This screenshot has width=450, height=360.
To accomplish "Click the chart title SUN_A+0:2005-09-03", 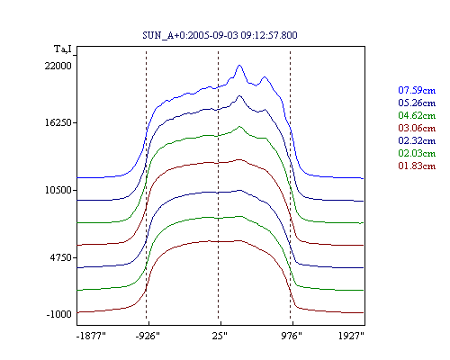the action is pos(220,35).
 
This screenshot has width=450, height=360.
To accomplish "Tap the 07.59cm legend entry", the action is pos(417,90).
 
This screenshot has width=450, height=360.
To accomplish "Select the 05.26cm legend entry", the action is pos(417,103).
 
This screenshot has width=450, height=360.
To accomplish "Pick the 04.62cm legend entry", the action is pos(417,115).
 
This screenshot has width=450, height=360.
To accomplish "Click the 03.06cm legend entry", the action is pos(417,128).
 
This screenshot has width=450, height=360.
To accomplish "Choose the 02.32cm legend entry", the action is pos(417,140).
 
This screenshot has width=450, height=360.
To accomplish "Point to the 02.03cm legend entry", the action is pos(417,153).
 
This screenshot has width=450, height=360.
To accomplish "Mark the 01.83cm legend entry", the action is pos(417,166).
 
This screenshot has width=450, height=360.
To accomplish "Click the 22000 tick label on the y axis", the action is pos(58,66).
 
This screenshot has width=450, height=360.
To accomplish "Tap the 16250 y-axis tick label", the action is pos(58,122).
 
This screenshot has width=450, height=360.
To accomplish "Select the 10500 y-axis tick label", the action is pos(58,190).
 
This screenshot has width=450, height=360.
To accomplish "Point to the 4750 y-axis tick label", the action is pos(61,257).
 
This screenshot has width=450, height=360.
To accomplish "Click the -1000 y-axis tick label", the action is pos(59,314).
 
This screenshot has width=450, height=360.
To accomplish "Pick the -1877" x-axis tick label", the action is pos(92,336).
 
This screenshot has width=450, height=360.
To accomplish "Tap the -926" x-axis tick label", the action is pos(148,336).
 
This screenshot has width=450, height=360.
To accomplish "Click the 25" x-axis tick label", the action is pos(220,336).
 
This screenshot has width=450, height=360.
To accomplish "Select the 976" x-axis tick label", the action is pos(292,336).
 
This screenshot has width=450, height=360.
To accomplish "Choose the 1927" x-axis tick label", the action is pos(351,336).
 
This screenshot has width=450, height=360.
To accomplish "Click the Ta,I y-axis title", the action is pos(63,49).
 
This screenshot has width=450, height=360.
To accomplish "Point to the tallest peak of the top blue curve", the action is pos(239,65).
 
